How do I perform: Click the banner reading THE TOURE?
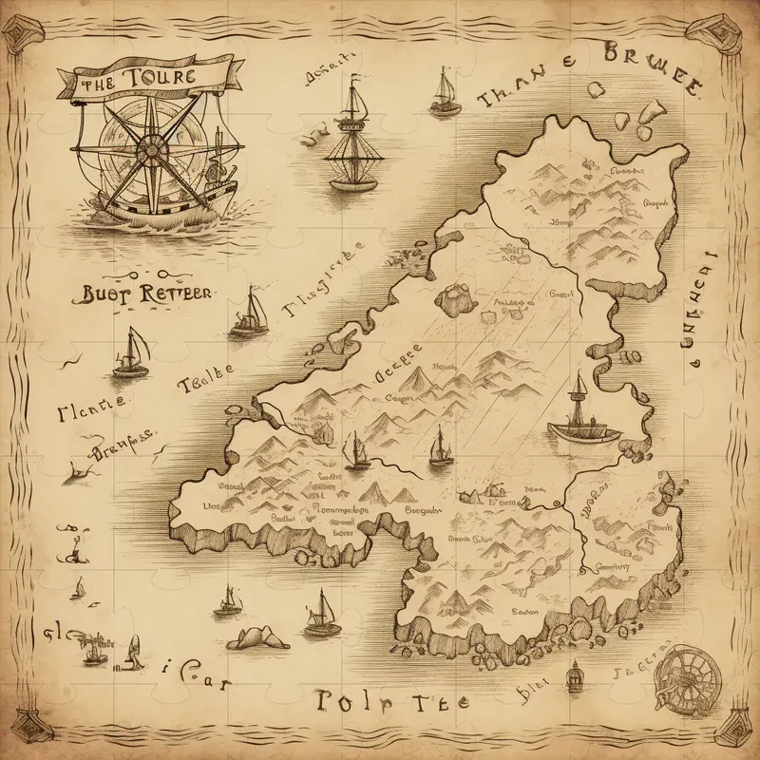[x=132, y=80]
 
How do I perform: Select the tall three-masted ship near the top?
[x=353, y=138]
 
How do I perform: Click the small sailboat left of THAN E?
[x=444, y=93]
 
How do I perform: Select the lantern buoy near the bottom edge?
[x=573, y=677]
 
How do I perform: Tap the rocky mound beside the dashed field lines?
[x=454, y=298]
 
